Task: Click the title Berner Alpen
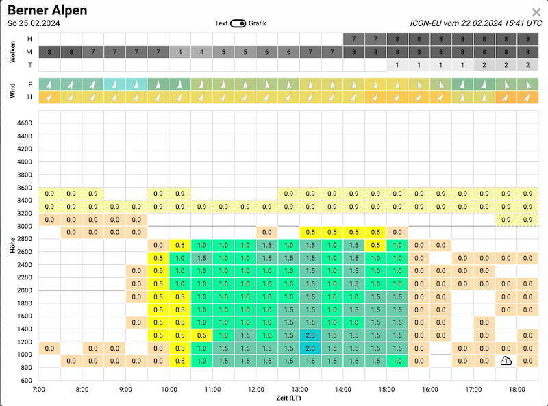pos(47,10)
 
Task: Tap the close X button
pos(536,12)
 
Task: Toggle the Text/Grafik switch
pos(238,23)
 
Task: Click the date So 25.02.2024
pos(34,23)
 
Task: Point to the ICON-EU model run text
pos(475,23)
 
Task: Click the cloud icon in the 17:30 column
pos(506,361)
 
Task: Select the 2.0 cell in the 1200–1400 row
pos(310,335)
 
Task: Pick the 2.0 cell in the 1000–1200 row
pos(310,348)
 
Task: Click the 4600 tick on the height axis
pos(25,123)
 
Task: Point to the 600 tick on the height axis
pos(26,380)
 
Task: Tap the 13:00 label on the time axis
pos(299,390)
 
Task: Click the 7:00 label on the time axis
pos(38,390)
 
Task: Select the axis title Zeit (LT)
pos(288,398)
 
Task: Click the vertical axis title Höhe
pos(12,244)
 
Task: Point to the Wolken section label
pos(12,52)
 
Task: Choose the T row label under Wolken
pos(30,65)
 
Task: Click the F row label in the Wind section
pos(30,84)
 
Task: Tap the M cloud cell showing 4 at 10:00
pos(180,52)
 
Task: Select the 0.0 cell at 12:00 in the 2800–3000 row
pos(267,232)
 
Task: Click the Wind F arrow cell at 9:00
pos(136,84)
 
